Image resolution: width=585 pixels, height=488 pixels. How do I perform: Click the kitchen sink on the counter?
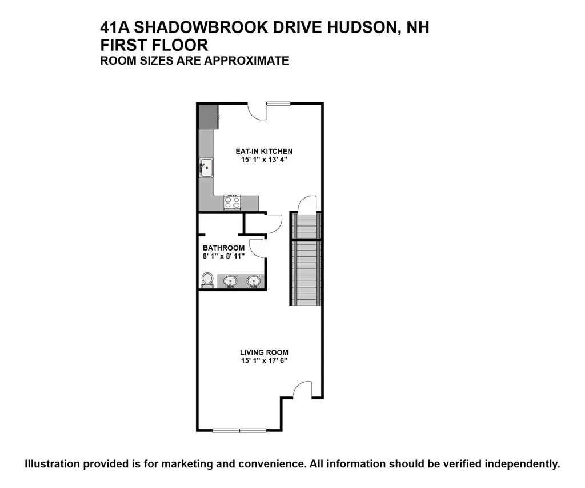(206, 168)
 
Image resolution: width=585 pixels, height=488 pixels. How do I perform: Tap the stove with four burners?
(232, 201)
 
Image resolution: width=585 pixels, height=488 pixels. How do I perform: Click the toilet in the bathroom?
(207, 280)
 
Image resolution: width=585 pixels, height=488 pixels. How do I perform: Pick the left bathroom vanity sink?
(231, 281)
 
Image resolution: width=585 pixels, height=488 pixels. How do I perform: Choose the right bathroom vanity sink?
(253, 281)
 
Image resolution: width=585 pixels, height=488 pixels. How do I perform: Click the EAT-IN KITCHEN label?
(260, 152)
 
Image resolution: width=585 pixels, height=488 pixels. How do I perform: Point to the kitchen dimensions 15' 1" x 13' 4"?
(263, 160)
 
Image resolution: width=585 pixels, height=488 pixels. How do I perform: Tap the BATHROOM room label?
(223, 248)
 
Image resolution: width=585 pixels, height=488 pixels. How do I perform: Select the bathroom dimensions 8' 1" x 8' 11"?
(223, 256)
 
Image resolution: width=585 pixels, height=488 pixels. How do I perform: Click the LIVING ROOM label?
(264, 352)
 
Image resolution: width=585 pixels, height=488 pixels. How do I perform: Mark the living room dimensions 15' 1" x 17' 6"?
(264, 360)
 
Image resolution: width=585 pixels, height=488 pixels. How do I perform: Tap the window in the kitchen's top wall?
(278, 104)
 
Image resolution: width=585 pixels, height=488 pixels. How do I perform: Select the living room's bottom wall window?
(239, 430)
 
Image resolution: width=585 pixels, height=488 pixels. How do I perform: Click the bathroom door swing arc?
(256, 247)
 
